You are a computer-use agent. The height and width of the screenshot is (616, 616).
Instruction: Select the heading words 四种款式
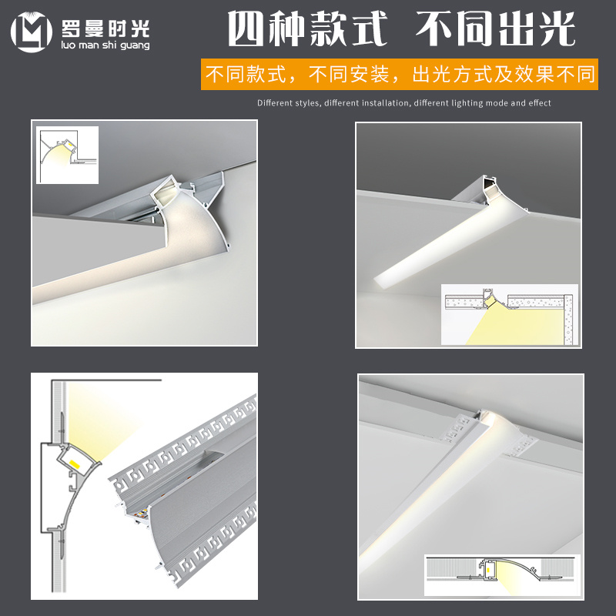[306, 30]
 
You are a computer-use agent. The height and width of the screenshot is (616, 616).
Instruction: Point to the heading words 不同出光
[496, 30]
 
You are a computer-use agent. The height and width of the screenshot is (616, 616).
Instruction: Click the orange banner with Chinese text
[399, 75]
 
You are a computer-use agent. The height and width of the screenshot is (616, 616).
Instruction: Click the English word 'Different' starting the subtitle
[277, 102]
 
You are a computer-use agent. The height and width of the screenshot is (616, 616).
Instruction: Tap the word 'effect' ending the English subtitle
[539, 102]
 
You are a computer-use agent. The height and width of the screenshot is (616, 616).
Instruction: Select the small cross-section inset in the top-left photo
[67, 154]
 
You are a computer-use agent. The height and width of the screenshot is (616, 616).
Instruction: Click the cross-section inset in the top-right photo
[508, 313]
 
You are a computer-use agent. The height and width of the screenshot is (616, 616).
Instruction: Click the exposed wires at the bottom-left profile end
[139, 514]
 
